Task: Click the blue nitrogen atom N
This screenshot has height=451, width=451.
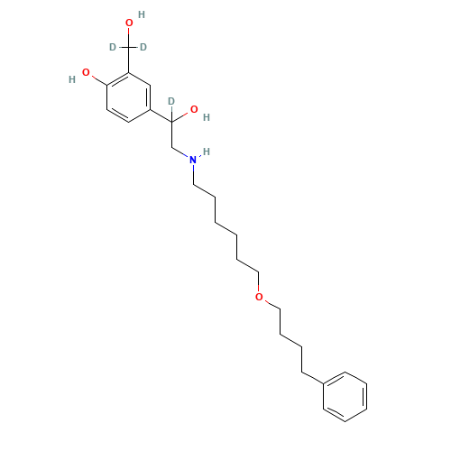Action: coord(193,160)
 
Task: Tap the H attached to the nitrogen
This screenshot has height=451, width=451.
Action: coord(207,152)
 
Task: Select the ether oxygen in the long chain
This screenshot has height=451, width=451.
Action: coord(259,297)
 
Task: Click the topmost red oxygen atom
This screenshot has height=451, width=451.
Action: coord(129,23)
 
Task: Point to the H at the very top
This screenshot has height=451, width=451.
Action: coord(142,14)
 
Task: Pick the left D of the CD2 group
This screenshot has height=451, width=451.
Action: coord(113,47)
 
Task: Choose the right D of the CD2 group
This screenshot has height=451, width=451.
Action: coord(143,47)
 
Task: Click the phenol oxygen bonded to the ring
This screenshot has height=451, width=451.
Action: coord(86,72)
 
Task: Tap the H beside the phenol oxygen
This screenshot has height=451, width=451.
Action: coord(72,79)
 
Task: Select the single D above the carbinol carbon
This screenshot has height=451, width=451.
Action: coord(171,101)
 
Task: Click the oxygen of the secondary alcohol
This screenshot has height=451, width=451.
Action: coord(194,109)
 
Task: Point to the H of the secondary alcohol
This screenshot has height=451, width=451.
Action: coord(207,117)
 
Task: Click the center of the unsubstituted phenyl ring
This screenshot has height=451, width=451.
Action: coord(345,397)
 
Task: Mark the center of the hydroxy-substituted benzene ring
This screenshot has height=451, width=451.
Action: coord(129,97)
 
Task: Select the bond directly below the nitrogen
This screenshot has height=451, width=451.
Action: coord(193,174)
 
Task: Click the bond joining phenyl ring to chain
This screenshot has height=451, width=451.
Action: coord(312,378)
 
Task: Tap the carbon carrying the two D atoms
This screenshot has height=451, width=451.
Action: coord(129,47)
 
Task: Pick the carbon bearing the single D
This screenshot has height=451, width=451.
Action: coord(172,122)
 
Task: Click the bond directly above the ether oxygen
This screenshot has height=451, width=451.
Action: coord(259,282)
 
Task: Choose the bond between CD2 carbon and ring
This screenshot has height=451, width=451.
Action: coord(129,60)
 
